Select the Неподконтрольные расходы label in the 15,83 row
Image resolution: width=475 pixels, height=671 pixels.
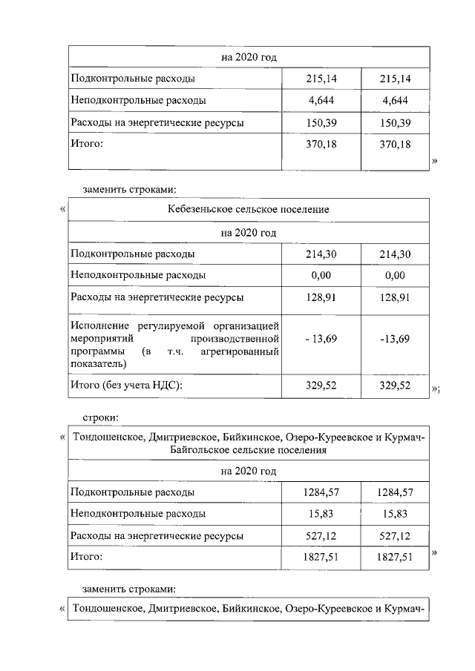coord(138,512)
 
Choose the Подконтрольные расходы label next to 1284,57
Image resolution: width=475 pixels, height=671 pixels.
coord(133,491)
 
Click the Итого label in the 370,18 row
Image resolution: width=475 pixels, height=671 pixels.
coord(85,143)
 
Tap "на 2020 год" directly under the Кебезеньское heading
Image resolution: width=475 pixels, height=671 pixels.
coord(249,232)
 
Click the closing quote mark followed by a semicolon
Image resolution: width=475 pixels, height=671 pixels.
coord(436,389)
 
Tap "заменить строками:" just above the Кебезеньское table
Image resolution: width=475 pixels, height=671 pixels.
coord(129,188)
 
